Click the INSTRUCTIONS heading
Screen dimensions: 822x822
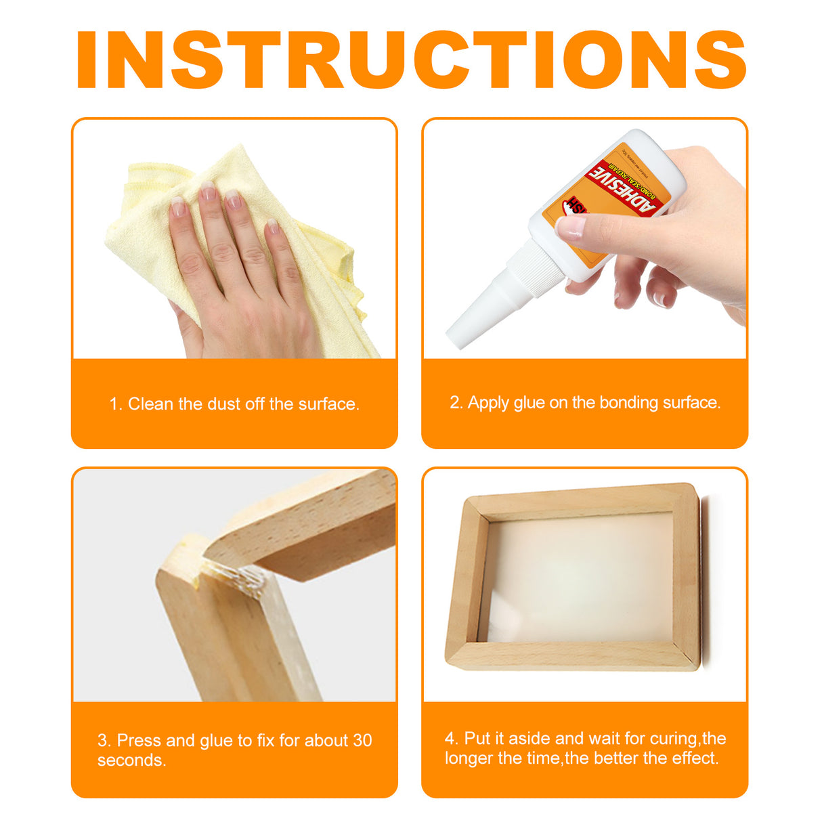(411, 60)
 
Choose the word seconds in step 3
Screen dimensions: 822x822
(131, 760)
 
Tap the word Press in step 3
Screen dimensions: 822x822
(139, 740)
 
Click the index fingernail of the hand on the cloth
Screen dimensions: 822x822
(178, 206)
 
